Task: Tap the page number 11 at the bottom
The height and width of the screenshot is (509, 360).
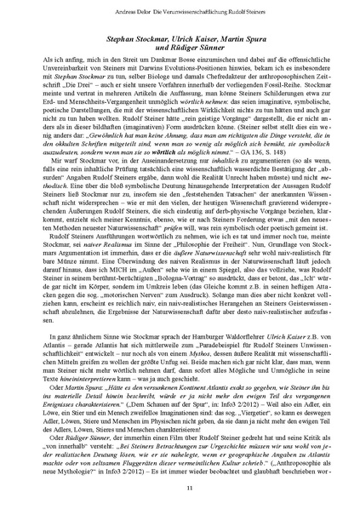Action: tap(180, 485)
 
